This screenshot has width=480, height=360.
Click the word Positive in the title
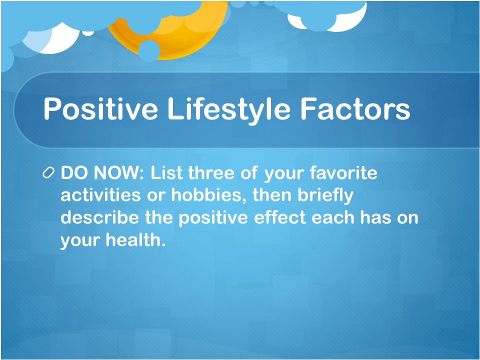pyautogui.click(x=100, y=108)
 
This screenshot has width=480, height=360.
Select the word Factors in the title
pyautogui.click(x=355, y=108)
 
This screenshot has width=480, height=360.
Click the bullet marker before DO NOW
pyautogui.click(x=48, y=173)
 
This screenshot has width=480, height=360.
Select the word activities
pyautogui.click(x=100, y=195)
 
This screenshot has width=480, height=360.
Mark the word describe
pyautogui.click(x=99, y=217)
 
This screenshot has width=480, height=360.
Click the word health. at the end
pyautogui.click(x=135, y=239)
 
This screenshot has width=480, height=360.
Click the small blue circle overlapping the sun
pyautogui.click(x=149, y=51)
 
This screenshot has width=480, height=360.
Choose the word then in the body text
pyautogui.click(x=272, y=195)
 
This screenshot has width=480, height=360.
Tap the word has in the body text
pyautogui.click(x=375, y=217)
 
